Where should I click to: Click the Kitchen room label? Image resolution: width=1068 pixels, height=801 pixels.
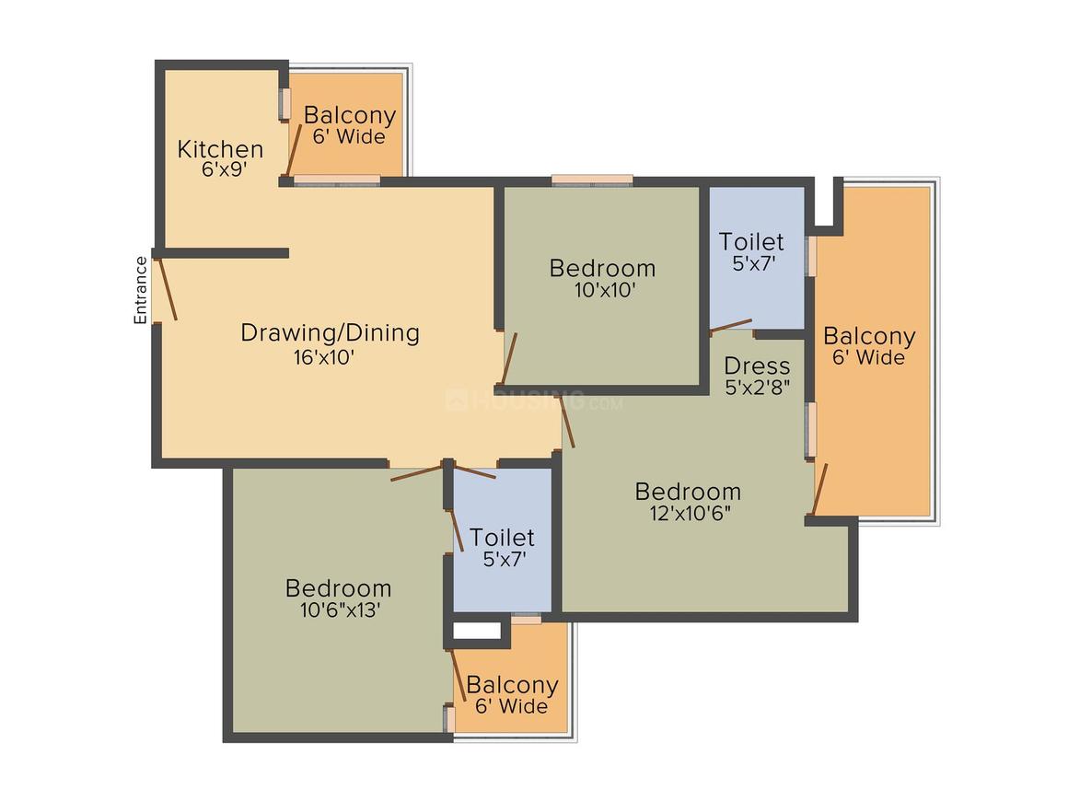(220, 148)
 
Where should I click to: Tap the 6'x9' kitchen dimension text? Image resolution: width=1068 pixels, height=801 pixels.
(224, 169)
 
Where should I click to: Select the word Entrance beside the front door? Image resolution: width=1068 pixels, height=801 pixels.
(141, 290)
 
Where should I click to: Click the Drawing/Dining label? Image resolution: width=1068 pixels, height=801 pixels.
(330, 332)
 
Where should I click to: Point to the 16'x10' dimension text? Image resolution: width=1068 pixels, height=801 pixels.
(323, 357)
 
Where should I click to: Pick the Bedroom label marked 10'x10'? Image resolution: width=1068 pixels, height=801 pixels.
(602, 268)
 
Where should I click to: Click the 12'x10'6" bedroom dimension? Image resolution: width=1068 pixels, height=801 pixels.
(689, 513)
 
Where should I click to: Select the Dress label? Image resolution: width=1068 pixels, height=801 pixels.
(757, 366)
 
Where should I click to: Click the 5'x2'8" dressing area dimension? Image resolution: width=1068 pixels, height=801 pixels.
(757, 388)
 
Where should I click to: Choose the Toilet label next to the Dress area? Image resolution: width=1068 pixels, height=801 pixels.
(751, 242)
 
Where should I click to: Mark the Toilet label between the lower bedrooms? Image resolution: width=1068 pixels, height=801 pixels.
(502, 537)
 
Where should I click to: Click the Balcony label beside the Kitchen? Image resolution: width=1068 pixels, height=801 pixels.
(350, 116)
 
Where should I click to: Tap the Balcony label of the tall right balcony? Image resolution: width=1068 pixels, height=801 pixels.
(869, 336)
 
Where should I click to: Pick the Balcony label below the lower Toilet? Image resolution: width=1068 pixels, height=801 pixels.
(512, 685)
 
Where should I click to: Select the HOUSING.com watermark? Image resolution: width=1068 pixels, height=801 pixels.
(534, 400)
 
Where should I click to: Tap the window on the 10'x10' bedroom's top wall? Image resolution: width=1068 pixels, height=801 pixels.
(592, 180)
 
